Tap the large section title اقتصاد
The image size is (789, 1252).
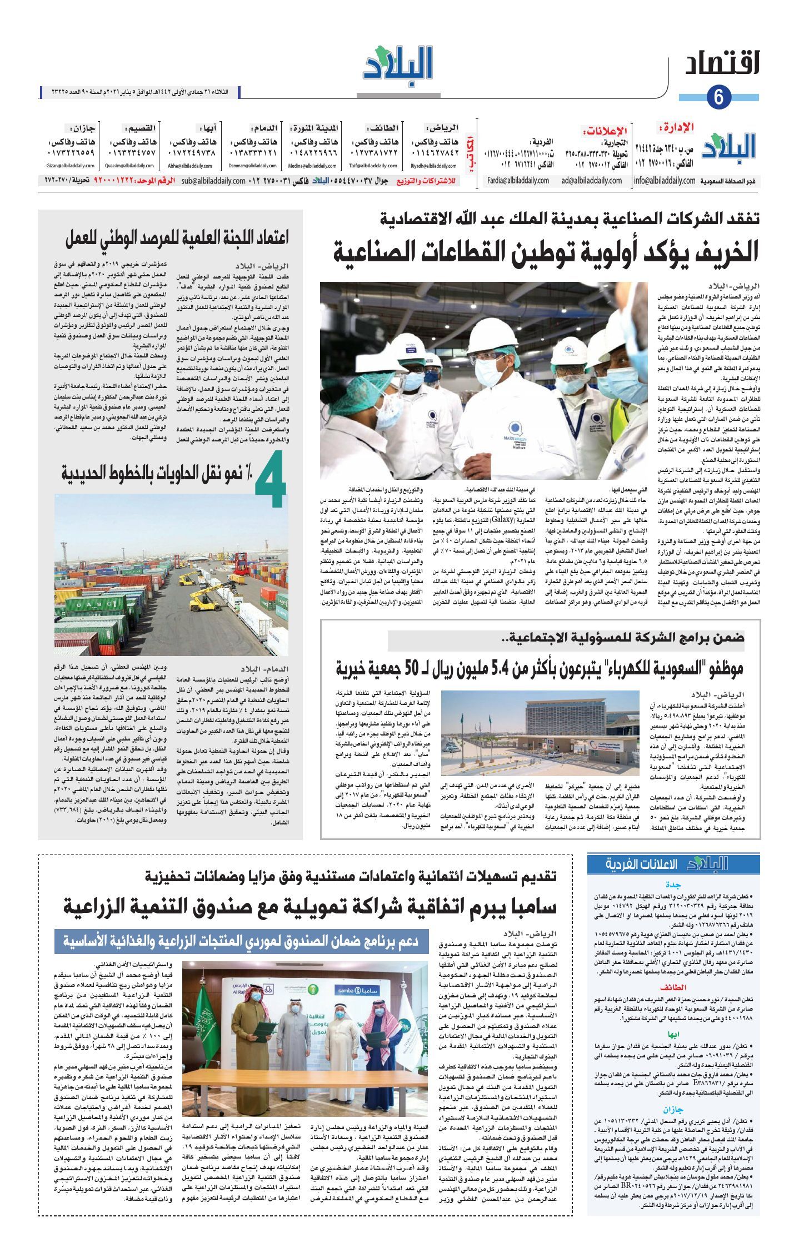722,65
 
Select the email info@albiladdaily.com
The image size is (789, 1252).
665,181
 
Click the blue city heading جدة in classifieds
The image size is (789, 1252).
673,885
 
